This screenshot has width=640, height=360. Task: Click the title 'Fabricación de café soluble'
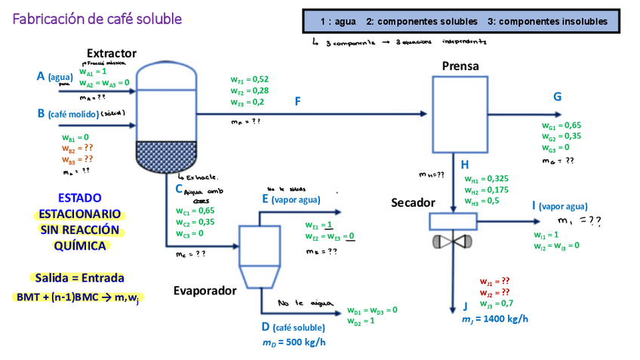tap(97, 17)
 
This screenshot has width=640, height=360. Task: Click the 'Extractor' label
tap(112, 53)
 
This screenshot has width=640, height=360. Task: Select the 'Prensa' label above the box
tap(460, 66)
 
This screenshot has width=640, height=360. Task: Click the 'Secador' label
tap(413, 203)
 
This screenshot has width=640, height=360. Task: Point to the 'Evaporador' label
tap(205, 290)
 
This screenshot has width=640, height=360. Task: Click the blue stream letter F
tap(298, 100)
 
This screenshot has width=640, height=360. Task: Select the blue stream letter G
tap(557, 97)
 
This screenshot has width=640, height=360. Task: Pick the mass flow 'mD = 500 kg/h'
tap(294, 343)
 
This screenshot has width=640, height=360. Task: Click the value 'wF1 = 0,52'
tap(249, 79)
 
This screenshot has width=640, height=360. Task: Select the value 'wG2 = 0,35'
tap(561, 137)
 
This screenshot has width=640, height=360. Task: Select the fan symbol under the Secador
tap(453, 242)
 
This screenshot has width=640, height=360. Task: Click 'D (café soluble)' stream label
tap(293, 328)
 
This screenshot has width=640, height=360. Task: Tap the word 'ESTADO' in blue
tap(79, 198)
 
